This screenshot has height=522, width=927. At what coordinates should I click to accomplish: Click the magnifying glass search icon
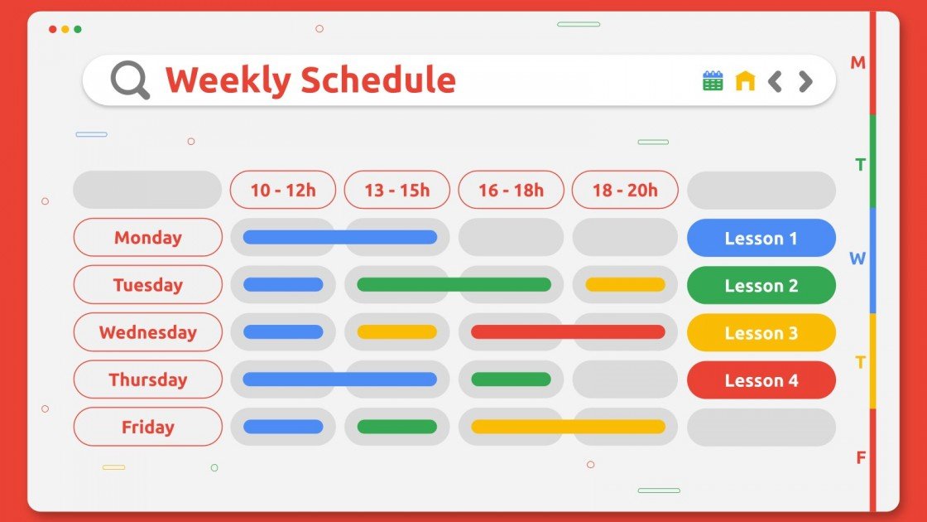click(x=130, y=80)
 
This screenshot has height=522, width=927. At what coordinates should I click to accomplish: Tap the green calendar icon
click(x=713, y=80)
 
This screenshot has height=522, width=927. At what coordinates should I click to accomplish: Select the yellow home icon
click(x=746, y=80)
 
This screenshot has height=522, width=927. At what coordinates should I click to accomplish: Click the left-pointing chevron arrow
click(x=775, y=81)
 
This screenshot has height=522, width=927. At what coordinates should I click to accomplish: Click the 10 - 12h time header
click(x=283, y=190)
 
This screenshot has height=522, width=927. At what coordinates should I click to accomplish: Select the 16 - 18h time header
click(x=511, y=190)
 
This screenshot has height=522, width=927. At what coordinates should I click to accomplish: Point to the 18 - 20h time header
click(x=625, y=190)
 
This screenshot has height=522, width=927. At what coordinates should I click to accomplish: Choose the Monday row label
click(x=148, y=238)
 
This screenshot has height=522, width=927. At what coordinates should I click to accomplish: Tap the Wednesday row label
click(x=148, y=332)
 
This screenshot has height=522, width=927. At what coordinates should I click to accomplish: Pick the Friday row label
click(x=148, y=427)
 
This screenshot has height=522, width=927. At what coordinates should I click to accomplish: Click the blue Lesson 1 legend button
click(x=761, y=239)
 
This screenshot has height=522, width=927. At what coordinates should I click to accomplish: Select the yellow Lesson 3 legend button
click(x=761, y=333)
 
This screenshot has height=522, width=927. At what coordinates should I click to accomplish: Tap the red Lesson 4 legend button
click(x=761, y=380)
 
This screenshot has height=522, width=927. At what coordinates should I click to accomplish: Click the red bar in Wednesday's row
click(x=568, y=331)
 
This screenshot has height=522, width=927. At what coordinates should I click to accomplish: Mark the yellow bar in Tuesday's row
click(x=625, y=284)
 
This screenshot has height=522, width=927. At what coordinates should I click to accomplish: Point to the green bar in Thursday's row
click(x=511, y=379)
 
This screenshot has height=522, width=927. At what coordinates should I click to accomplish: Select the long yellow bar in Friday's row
click(x=568, y=426)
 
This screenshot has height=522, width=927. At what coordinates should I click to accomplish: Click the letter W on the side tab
click(x=857, y=259)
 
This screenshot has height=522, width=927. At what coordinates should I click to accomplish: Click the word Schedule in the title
click(x=377, y=80)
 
